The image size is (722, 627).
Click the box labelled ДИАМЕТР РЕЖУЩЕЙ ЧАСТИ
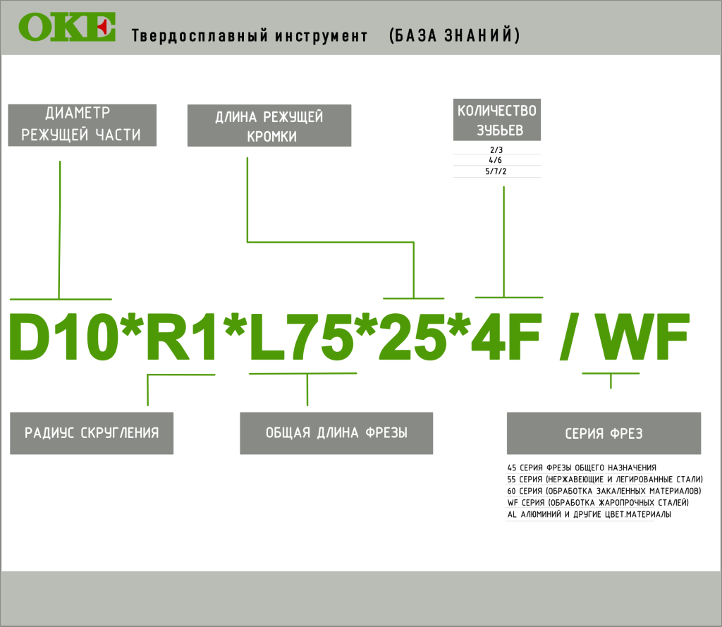tap(82, 125)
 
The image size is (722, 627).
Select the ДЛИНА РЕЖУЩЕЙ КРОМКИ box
tap(269, 126)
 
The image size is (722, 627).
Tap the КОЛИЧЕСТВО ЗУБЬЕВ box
tap(497, 120)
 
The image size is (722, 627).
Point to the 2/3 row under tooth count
tap(496, 150)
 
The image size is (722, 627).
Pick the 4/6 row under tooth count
tap(496, 160)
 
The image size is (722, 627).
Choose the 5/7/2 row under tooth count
tap(496, 171)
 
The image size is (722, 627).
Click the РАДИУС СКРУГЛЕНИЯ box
tap(92, 433)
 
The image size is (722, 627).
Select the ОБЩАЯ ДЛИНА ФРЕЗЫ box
tap(336, 433)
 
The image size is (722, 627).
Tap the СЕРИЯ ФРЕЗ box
tap(604, 433)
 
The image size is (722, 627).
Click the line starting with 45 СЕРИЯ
tap(582, 467)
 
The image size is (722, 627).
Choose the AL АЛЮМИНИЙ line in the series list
tap(589, 515)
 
